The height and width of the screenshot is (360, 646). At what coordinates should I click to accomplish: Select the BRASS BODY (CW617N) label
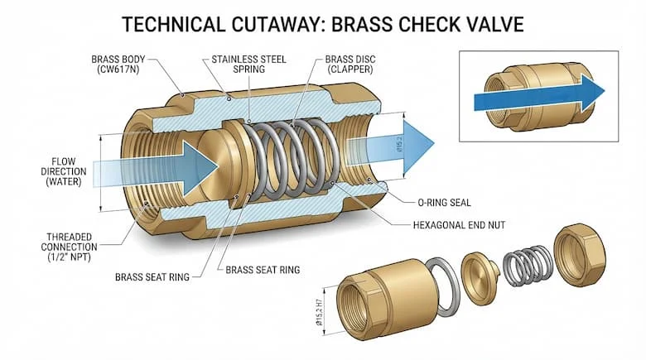118,65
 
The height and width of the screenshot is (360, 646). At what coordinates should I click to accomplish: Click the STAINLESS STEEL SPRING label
248,65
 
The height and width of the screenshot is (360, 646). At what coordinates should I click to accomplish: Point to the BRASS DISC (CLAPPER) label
350,65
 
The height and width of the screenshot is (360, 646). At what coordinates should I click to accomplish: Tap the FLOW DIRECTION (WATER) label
64,171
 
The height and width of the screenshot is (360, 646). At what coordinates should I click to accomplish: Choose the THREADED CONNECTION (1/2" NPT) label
69,247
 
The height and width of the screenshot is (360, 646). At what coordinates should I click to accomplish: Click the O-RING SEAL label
444,202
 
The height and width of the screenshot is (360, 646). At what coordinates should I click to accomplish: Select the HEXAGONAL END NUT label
459,225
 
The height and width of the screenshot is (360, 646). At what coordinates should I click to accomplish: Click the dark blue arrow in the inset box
540,94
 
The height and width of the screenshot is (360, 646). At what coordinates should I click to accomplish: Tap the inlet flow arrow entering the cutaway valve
156,169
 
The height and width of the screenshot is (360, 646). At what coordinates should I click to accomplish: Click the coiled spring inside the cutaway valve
294,159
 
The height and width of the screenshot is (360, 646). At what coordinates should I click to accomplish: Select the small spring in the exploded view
528,266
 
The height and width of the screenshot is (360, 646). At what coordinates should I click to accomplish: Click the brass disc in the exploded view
480,277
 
